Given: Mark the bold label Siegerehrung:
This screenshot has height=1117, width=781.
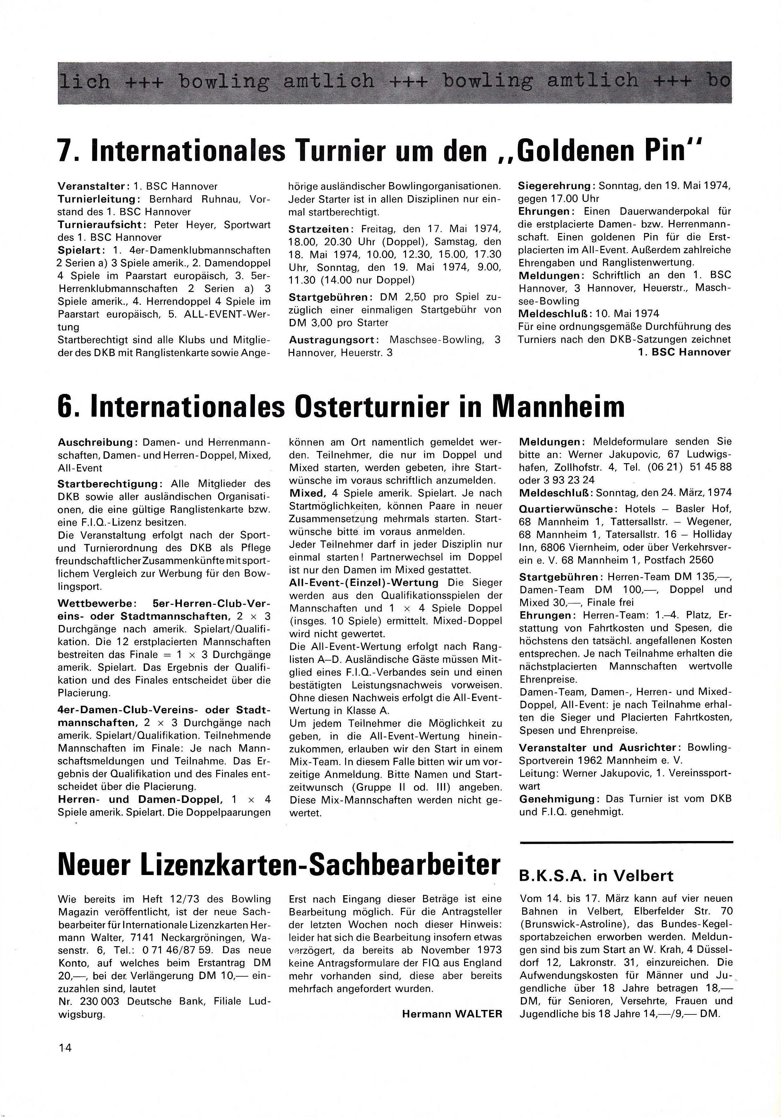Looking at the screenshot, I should tap(556, 186).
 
